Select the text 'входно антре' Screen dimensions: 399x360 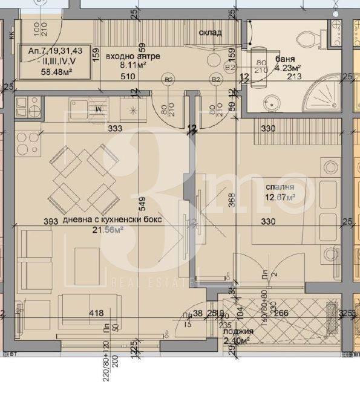click(x=124, y=56)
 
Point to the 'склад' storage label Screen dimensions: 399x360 click(x=211, y=33)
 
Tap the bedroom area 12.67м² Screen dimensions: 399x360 click(x=280, y=197)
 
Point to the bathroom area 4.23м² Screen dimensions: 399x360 click(x=290, y=68)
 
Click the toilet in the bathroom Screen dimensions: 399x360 click(x=308, y=38)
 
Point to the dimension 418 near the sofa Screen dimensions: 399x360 click(x=96, y=313)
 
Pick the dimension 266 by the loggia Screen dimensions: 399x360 click(x=283, y=313)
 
